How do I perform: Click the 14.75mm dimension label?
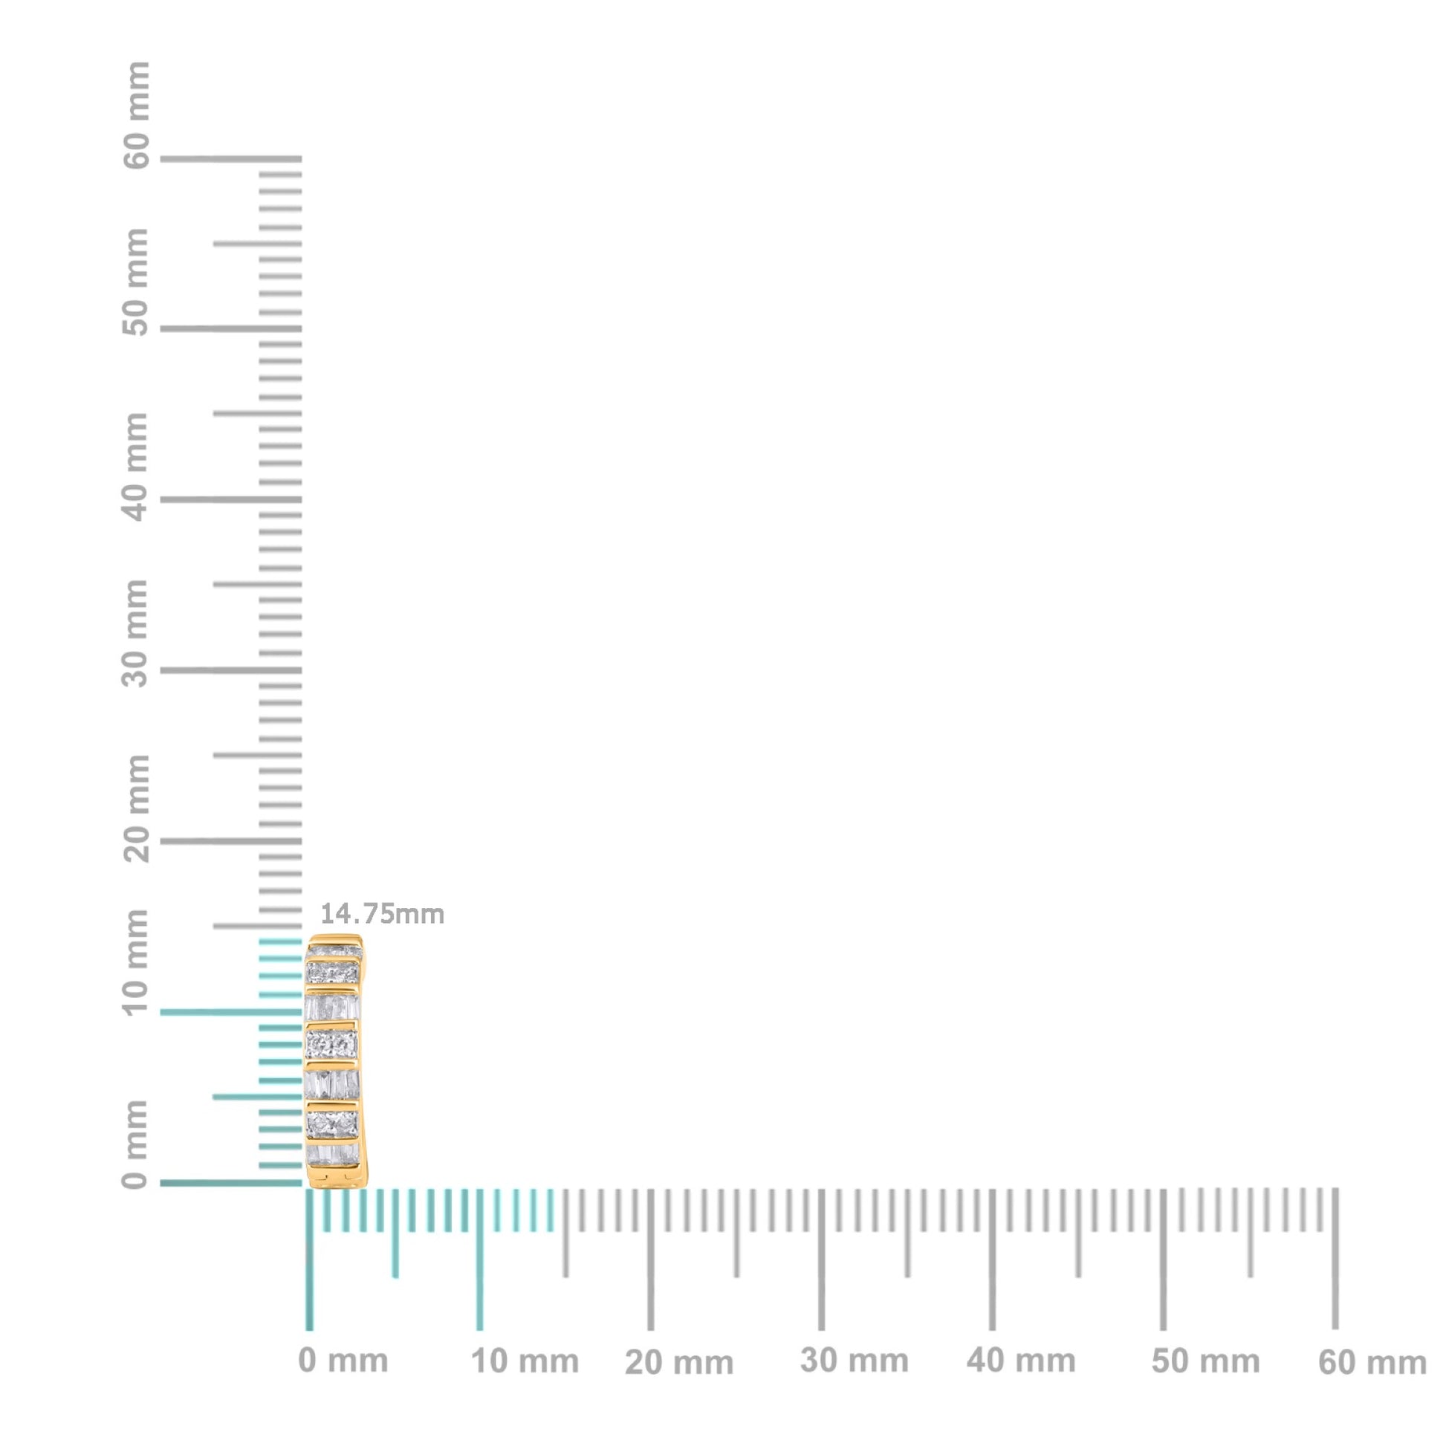click(x=383, y=914)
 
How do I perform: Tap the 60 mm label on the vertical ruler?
click(x=136, y=116)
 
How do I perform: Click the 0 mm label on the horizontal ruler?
click(x=343, y=1361)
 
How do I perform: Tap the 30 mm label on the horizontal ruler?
click(x=854, y=1361)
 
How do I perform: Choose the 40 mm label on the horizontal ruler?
click(x=1021, y=1361)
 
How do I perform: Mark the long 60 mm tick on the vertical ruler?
click(x=230, y=159)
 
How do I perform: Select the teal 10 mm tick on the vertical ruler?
click(x=230, y=1013)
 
